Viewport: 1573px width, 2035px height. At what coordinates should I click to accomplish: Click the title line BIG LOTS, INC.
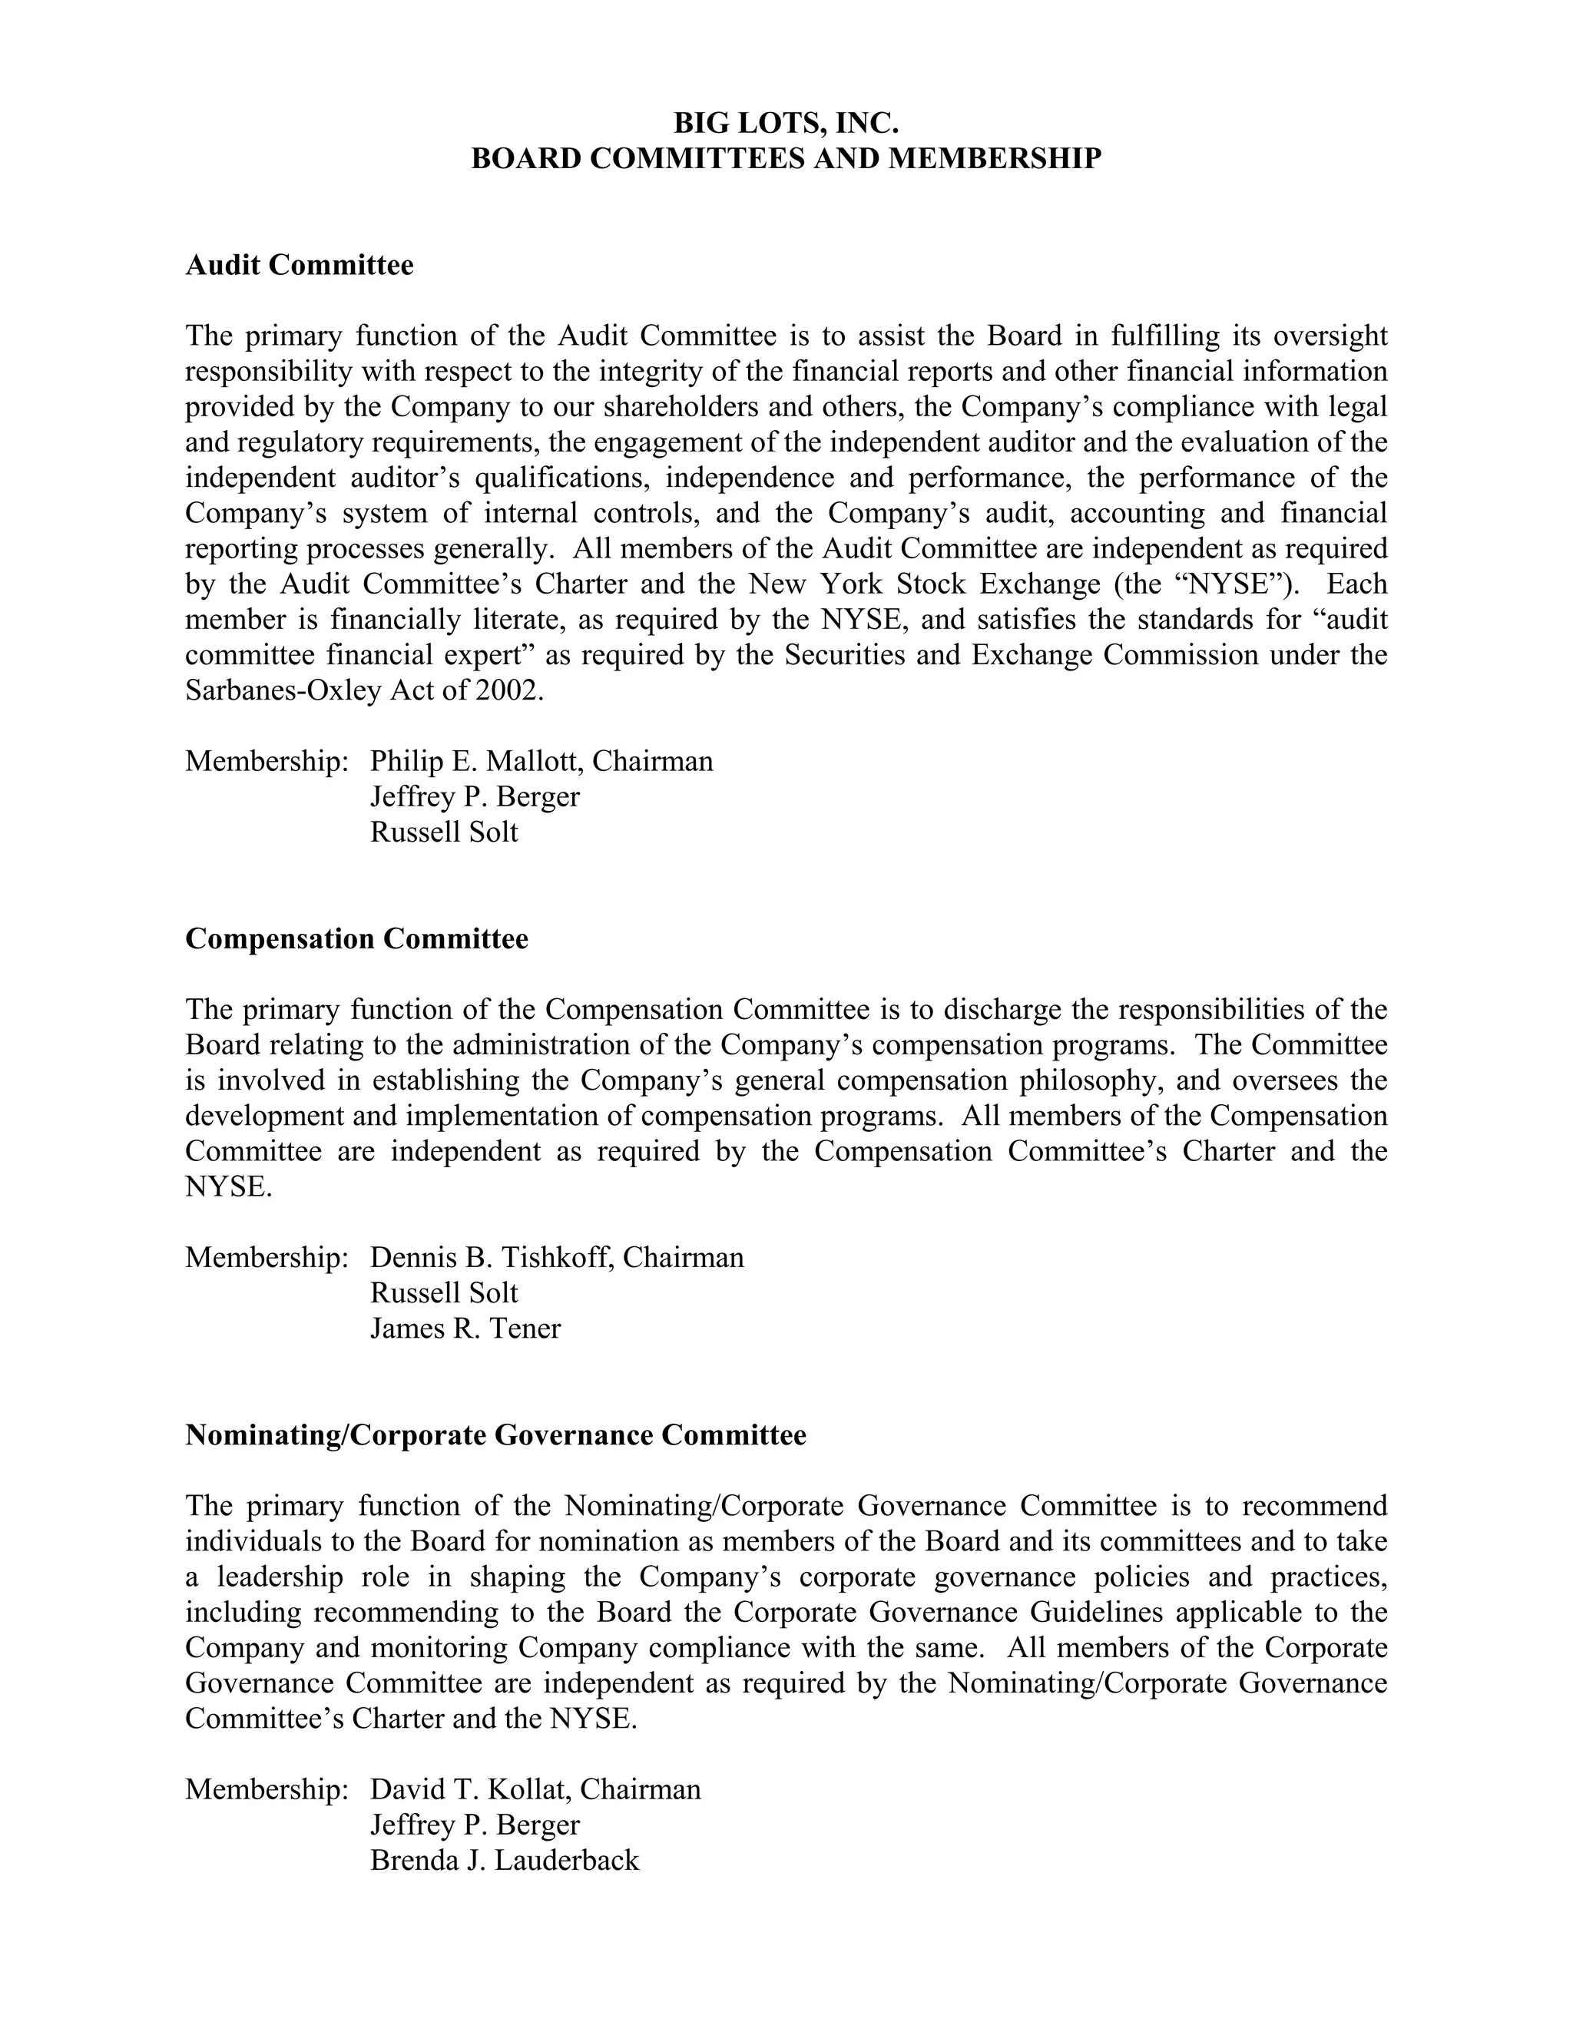click(x=786, y=123)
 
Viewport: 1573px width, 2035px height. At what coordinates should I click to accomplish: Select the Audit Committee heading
click(x=299, y=266)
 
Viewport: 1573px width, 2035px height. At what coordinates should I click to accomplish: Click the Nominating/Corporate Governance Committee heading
click(x=495, y=1435)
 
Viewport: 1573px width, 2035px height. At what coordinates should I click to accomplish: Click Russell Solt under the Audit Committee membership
click(x=444, y=832)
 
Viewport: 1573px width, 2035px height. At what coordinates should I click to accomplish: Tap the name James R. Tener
click(x=465, y=1329)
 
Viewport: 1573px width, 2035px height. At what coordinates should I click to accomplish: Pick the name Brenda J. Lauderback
click(x=504, y=1860)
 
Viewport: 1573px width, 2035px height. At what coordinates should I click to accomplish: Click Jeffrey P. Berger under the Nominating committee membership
click(x=475, y=1825)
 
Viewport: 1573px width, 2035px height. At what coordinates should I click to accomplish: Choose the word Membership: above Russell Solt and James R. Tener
click(x=267, y=1258)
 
